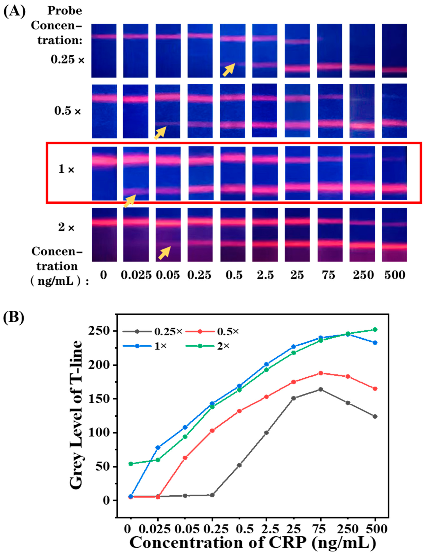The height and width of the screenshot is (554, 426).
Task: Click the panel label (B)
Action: click(14, 317)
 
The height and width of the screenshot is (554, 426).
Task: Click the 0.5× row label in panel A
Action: click(67, 111)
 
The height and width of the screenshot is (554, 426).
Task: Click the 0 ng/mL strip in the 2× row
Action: click(104, 235)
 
